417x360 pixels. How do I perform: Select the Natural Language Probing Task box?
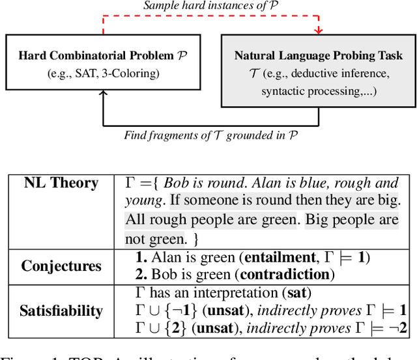click(x=319, y=72)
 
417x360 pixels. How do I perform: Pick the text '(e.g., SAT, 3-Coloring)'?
click(x=102, y=73)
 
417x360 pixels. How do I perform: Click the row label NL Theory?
click(x=61, y=183)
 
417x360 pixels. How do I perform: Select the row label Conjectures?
click(x=61, y=266)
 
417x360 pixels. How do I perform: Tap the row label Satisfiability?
click(x=61, y=311)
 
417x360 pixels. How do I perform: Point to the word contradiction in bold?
click(x=283, y=274)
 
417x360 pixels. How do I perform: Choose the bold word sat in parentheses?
click(x=297, y=293)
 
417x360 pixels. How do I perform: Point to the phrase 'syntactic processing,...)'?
click(x=318, y=91)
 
